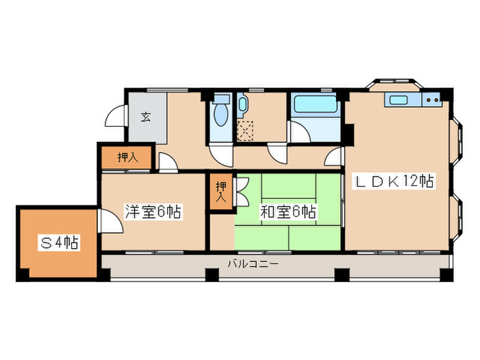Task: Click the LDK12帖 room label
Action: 393,182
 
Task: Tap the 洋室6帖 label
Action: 152,212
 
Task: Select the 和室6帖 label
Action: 287,212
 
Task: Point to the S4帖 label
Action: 58,242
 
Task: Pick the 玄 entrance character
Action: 146,117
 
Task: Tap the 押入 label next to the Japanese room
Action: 221,191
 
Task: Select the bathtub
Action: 315,106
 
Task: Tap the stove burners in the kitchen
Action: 432,100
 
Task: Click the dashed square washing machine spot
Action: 245,129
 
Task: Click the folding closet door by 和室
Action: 242,191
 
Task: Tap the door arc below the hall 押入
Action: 167,162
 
